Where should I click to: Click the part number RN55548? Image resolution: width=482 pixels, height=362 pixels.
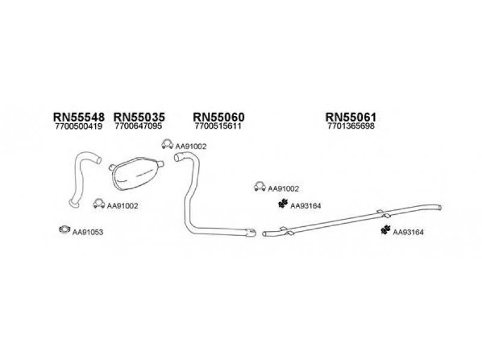[79, 116]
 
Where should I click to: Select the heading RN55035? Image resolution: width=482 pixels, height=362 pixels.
[139, 116]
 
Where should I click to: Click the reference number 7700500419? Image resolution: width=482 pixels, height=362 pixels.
[79, 127]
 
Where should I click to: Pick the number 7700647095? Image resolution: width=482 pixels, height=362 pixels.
[139, 127]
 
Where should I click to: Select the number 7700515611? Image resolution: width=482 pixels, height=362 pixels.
[218, 127]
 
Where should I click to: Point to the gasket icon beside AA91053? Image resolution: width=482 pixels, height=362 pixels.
[63, 229]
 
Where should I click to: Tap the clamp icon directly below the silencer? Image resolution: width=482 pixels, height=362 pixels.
[98, 204]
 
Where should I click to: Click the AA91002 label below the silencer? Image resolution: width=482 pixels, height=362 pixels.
[122, 206]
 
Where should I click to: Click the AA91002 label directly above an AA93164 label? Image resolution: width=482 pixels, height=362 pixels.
[283, 189]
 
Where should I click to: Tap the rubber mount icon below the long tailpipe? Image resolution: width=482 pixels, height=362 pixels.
[385, 230]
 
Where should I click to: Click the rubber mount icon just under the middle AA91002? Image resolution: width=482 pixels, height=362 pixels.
[281, 205]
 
